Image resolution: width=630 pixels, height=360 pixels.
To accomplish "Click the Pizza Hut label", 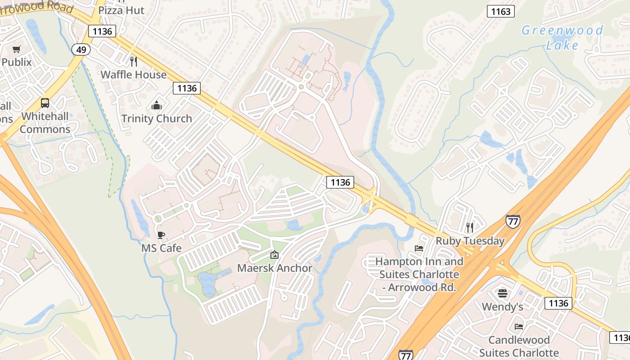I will (x=121, y=10).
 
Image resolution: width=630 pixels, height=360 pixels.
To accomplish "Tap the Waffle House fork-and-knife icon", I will (x=133, y=61).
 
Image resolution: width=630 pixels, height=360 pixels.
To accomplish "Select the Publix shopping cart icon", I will (x=17, y=49).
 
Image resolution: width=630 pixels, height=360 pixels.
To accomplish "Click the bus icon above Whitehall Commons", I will (x=45, y=103).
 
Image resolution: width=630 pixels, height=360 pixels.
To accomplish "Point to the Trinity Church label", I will (x=157, y=119).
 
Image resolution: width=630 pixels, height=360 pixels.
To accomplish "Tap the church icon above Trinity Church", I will (x=157, y=105).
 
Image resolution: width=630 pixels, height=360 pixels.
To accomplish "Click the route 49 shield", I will (x=81, y=49).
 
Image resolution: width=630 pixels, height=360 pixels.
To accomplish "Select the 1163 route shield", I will (x=500, y=11).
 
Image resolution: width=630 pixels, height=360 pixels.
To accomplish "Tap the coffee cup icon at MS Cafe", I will (x=161, y=235).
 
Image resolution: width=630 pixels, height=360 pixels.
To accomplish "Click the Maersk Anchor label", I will (x=274, y=268).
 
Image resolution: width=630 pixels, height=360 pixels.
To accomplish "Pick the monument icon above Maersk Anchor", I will (x=274, y=255).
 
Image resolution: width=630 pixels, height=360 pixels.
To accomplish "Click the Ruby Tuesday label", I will (x=470, y=241).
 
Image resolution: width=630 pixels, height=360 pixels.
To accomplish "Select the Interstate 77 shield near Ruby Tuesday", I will (x=513, y=221).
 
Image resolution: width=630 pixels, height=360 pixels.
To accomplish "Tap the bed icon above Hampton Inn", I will (x=419, y=248).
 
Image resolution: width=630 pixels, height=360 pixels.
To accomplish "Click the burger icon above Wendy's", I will (x=503, y=293).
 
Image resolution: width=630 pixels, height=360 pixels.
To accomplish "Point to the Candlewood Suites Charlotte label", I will (x=519, y=346).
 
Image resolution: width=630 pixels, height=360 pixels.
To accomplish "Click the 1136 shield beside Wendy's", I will (x=558, y=303).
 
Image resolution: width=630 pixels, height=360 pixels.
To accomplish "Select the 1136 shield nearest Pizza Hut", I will (x=102, y=31).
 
